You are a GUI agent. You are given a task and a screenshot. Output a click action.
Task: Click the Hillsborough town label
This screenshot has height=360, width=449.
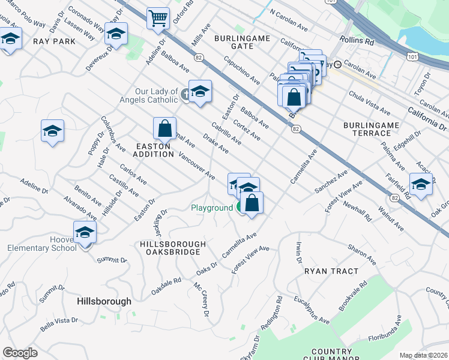104,301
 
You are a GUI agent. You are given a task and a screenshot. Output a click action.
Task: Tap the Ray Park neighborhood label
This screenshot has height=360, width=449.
54,41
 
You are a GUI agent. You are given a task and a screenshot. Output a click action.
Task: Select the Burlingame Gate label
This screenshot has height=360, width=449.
241,42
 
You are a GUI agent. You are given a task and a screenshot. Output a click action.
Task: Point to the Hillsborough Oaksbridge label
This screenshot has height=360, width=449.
172,248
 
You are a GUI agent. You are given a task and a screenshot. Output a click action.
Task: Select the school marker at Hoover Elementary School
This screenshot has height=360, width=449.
85,231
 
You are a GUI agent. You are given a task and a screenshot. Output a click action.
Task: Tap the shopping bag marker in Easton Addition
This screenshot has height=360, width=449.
164,128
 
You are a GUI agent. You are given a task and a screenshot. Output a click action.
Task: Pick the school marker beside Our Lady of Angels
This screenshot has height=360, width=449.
200,91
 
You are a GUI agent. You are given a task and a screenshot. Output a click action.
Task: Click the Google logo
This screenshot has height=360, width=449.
20,353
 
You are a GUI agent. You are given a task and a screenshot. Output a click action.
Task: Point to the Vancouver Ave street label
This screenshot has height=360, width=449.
197,166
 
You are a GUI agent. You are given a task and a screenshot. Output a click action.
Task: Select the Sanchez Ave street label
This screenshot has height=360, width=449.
331,182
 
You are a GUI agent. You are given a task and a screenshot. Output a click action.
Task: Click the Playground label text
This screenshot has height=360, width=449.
212,208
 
